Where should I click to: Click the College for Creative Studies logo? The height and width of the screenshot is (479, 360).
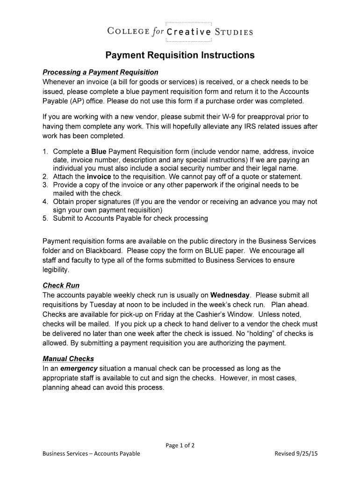180,32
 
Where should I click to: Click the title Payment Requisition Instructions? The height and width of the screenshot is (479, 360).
180,55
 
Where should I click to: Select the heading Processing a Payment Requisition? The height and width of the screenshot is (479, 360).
101,73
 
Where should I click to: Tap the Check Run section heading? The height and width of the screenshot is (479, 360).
61,285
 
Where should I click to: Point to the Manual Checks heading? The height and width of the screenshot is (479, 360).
68,359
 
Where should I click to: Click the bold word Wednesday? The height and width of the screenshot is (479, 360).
230,295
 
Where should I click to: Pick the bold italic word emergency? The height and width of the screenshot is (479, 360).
78,369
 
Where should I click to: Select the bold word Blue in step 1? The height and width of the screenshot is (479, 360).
99,152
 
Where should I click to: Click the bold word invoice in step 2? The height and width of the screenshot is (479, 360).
99,177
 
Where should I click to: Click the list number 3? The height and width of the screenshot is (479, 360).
45,185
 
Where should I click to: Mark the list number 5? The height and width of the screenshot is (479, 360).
45,218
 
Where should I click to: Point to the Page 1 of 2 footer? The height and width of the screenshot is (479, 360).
180,445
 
